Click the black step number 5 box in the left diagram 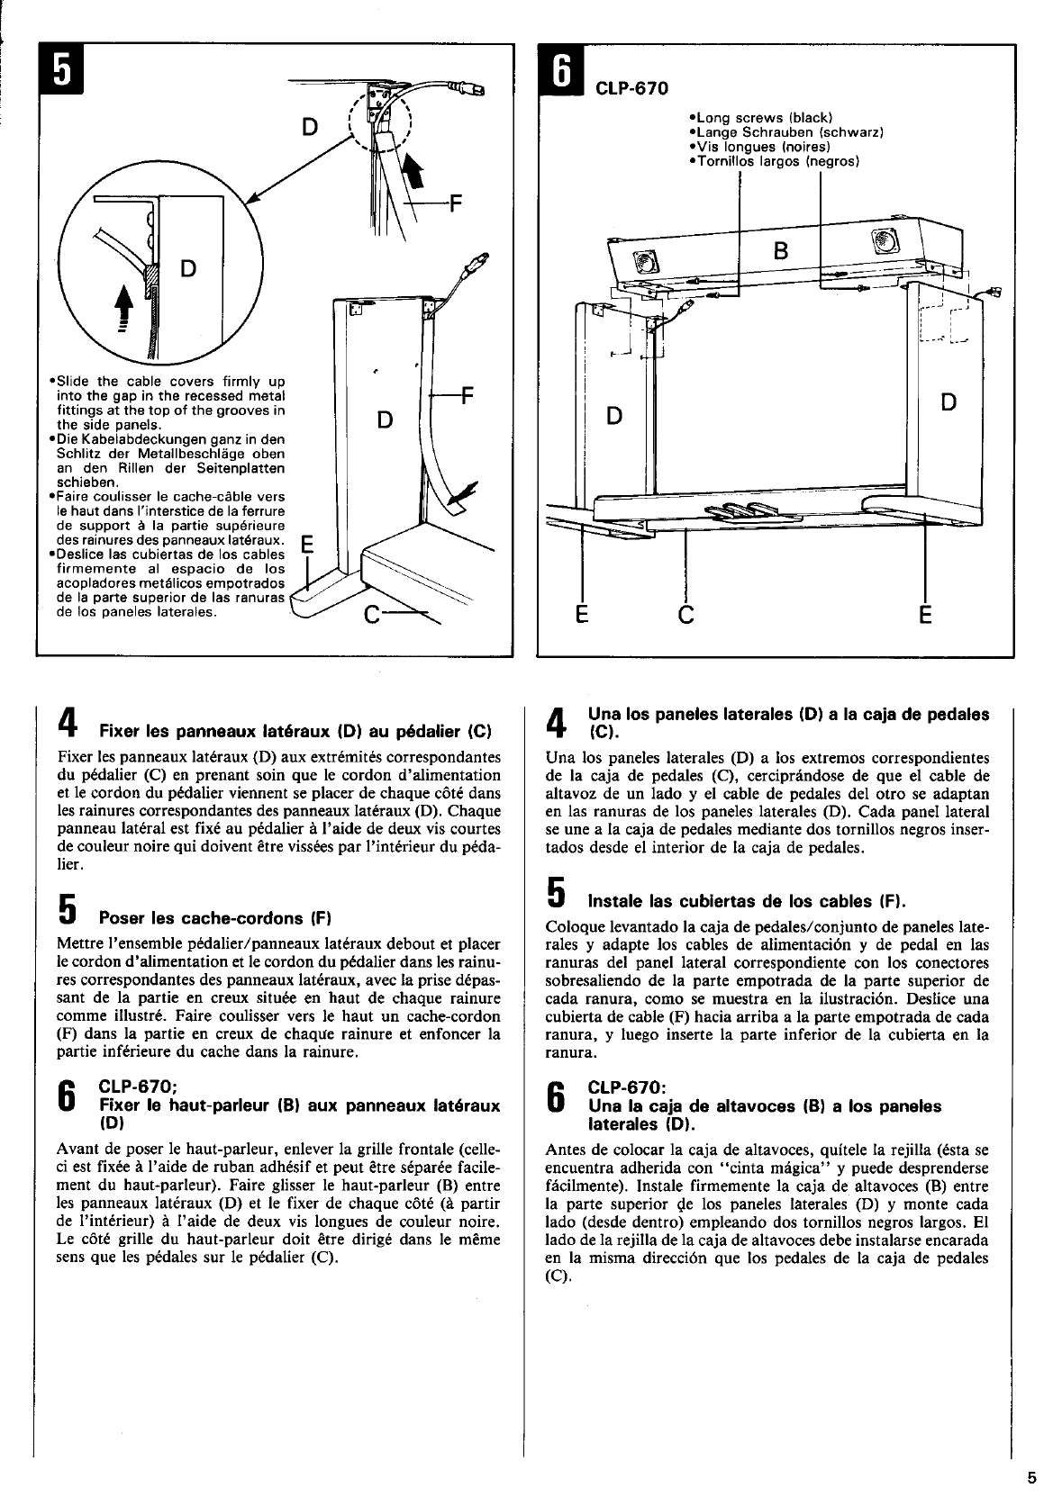60,68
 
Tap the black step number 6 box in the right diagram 559,68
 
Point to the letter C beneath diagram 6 686,616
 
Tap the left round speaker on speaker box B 646,262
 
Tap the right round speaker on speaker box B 880,241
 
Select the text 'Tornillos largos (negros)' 774,162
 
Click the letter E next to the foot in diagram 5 306,546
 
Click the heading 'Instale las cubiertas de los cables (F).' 746,901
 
